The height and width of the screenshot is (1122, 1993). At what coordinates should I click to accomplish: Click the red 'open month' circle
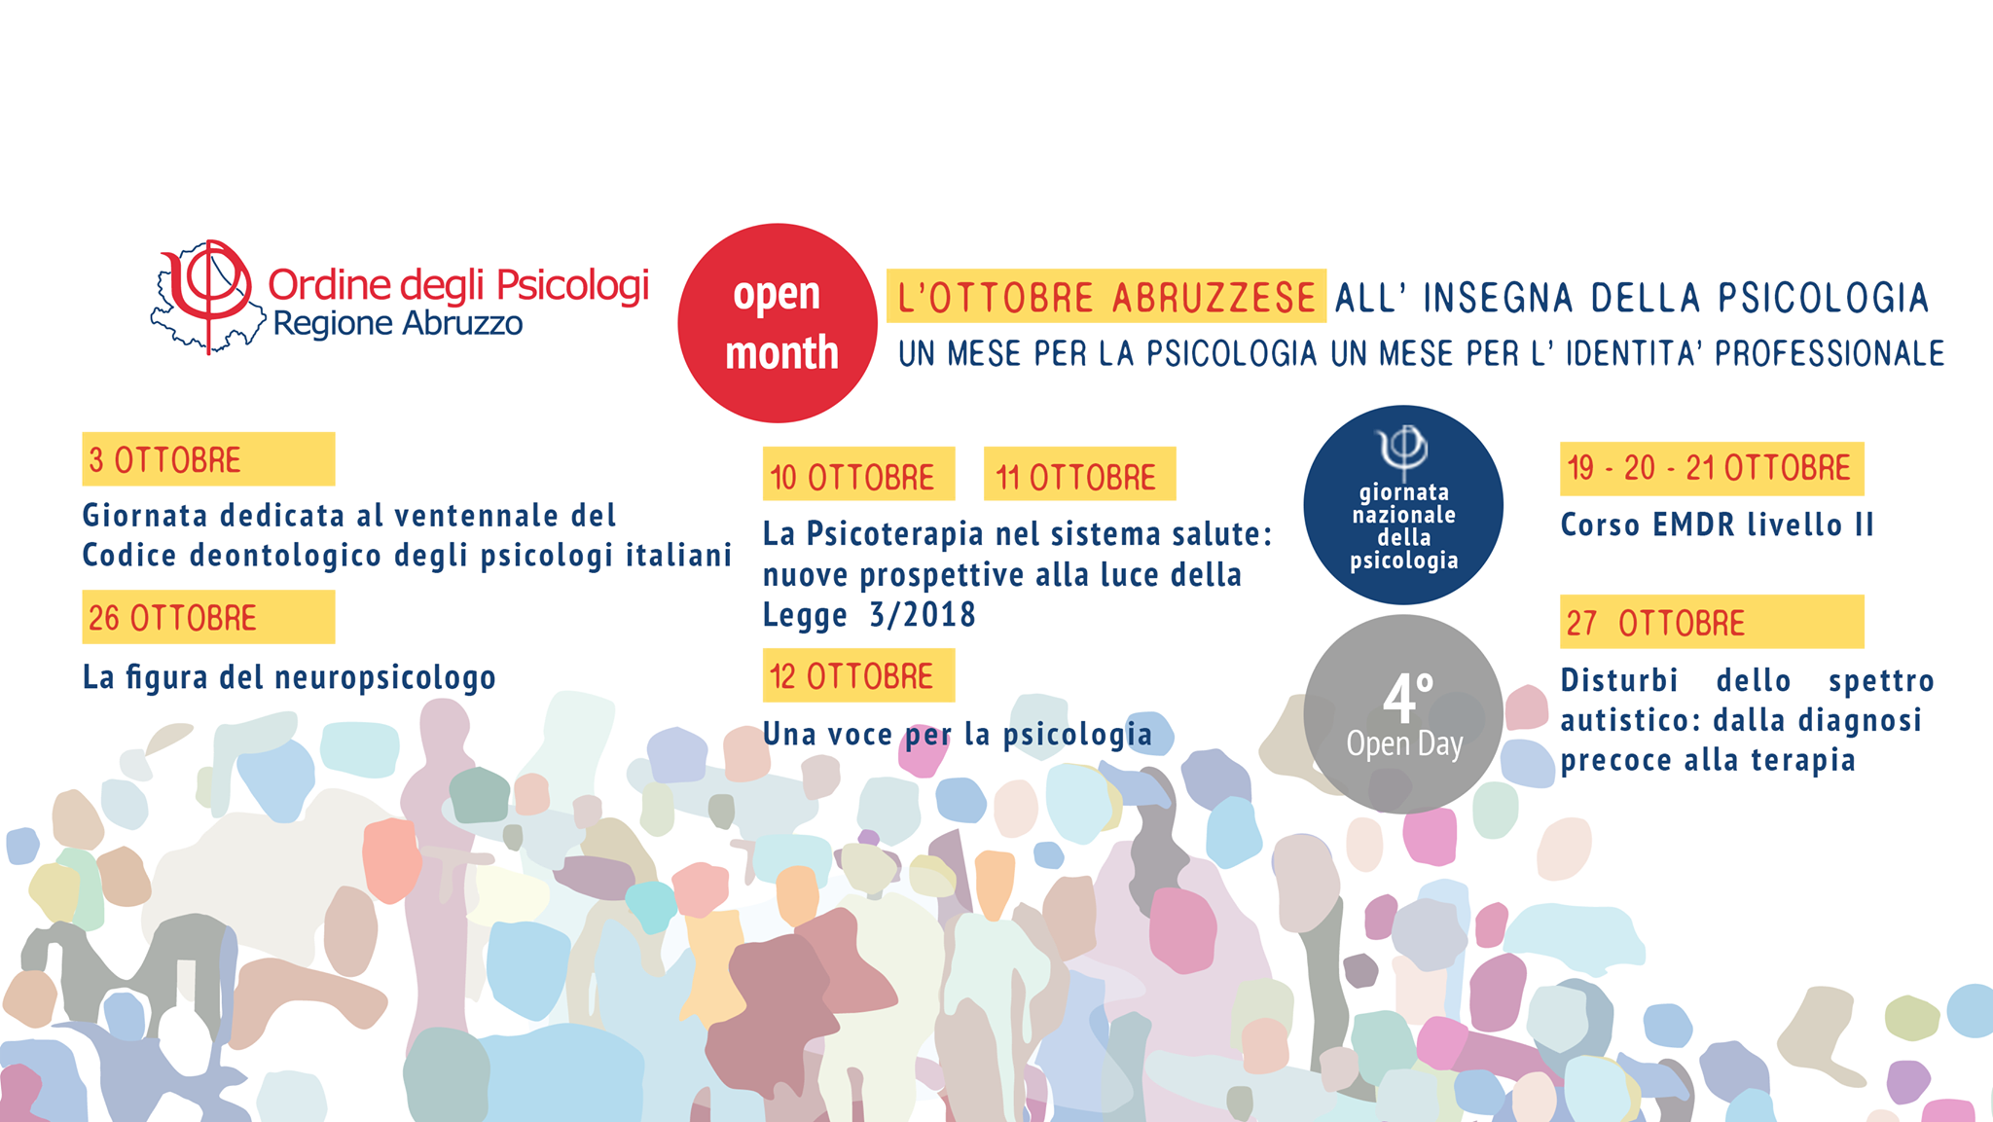pos(778,323)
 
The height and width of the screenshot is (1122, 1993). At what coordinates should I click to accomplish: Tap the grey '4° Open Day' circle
pos(1403,714)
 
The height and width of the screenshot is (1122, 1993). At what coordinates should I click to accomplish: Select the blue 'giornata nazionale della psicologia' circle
pos(1403,505)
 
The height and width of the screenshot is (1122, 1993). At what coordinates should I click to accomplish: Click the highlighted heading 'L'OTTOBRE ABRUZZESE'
pos(1106,296)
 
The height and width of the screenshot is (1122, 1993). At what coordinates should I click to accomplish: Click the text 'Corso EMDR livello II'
pos(1718,525)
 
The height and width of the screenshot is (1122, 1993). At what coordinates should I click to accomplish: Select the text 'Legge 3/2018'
pos(869,615)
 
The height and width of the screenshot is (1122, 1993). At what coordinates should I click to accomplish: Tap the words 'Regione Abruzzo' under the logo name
pos(398,324)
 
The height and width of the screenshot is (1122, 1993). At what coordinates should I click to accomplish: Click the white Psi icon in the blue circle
pos(1402,450)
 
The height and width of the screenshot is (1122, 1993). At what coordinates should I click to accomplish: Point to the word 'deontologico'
pos(288,557)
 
